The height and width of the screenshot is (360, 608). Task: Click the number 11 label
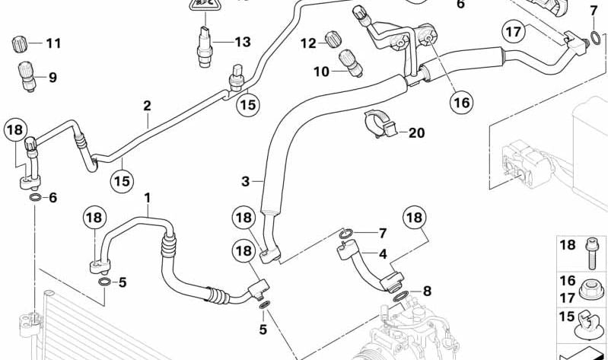point(53,43)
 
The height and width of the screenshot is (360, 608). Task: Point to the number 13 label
point(241,42)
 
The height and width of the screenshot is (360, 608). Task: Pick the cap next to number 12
point(333,39)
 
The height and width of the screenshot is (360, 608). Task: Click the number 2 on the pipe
point(147,106)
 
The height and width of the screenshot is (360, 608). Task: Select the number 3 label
point(245,181)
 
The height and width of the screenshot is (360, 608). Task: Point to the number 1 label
point(148,199)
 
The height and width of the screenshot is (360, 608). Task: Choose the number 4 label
point(382,253)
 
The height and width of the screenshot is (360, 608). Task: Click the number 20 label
point(415,132)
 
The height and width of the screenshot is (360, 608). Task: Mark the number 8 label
point(427,291)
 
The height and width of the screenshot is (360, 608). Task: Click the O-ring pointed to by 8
point(401,294)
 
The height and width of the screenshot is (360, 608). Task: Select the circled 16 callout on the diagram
point(462,101)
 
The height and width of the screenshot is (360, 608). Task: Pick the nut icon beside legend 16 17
point(590,288)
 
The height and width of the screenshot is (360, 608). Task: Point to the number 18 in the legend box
point(568,245)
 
